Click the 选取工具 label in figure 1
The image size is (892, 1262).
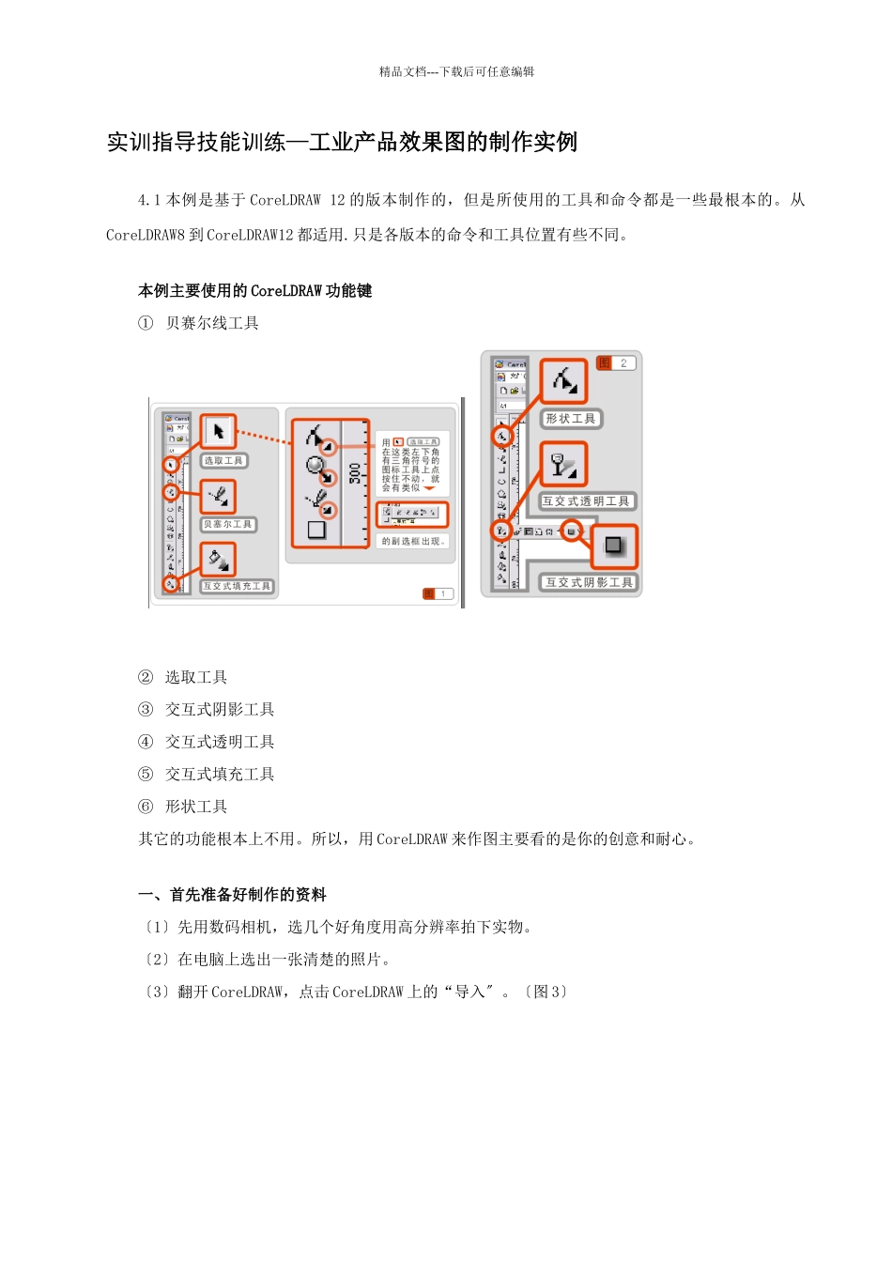pos(223,461)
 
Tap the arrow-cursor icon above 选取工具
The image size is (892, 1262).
pos(219,432)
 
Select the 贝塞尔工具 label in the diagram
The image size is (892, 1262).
pos(228,525)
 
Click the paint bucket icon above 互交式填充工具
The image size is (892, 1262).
pos(218,561)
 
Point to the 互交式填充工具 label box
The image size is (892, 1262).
pos(237,587)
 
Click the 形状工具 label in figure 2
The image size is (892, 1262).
pos(571,419)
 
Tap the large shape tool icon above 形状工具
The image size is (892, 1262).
pos(564,381)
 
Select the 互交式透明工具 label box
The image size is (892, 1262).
pos(586,501)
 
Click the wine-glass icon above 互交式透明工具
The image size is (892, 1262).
pos(564,464)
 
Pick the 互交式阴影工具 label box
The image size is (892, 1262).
pos(589,583)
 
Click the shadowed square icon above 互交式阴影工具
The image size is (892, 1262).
pos(614,546)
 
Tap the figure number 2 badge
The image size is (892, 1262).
pos(616,363)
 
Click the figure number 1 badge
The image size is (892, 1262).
pos(438,594)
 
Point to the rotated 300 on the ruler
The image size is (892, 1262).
pos(355,472)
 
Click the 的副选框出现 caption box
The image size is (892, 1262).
pos(413,542)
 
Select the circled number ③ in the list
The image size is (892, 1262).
pos(146,710)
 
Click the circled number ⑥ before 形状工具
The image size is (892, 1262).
pos(146,807)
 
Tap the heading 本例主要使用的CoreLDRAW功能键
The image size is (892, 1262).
pos(254,291)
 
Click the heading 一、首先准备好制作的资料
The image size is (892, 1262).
pos(233,895)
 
